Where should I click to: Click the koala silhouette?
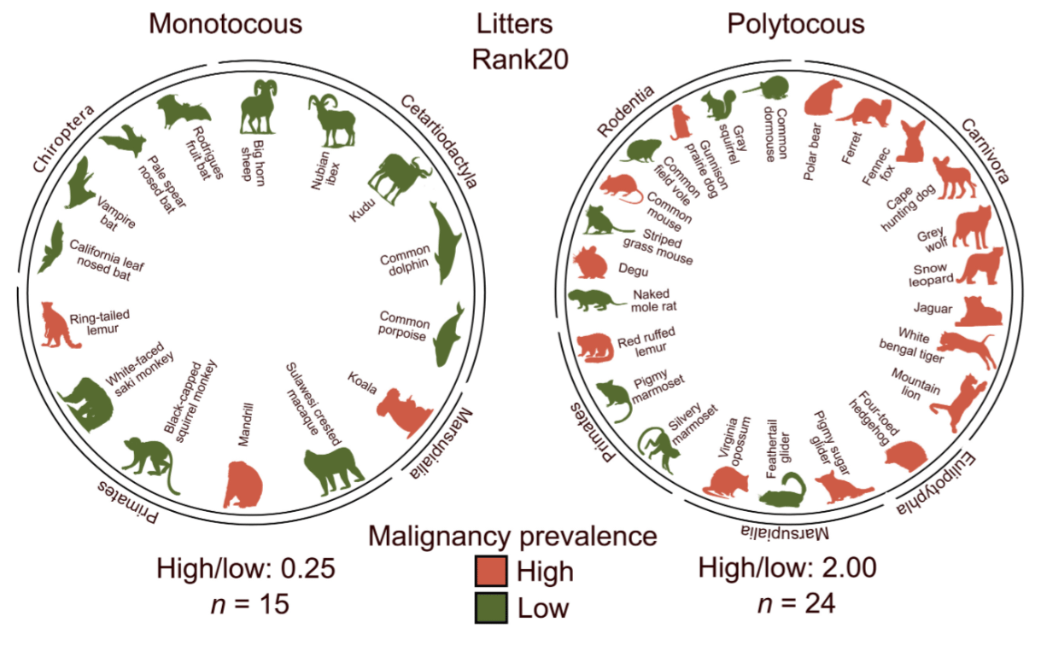[x=403, y=413]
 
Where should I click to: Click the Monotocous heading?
[x=225, y=23]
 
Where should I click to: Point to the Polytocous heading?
[x=795, y=23]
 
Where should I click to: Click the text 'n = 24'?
[x=795, y=602]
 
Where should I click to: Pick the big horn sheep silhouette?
[x=259, y=109]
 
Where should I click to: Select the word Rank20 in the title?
[x=521, y=60]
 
